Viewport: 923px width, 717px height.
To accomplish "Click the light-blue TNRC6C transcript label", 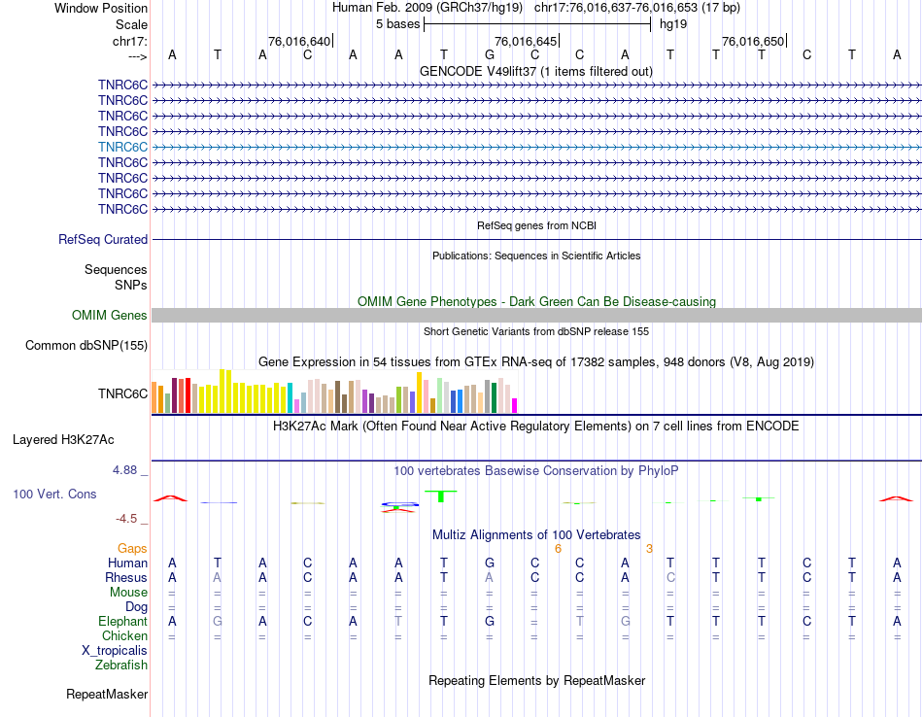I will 122,147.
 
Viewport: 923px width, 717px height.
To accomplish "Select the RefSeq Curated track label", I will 103,239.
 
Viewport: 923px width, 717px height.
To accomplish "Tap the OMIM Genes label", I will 110,315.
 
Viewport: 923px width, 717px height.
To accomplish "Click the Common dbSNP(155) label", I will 86,345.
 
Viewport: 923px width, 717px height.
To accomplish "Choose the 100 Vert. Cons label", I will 54,495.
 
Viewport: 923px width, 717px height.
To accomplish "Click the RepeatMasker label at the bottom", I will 107,695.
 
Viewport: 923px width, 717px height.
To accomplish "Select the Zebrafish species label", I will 121,666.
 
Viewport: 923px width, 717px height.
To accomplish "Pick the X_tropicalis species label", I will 115,651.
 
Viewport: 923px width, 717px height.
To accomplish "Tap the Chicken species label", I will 124,636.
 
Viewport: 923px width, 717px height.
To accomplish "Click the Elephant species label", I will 122,622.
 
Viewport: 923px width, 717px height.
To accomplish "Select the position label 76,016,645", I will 526,42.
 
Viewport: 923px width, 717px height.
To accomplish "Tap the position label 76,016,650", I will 752,42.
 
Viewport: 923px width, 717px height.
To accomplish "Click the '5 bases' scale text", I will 396,23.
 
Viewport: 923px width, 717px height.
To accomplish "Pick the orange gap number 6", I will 558,549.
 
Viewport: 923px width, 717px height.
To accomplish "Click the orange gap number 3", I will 649,549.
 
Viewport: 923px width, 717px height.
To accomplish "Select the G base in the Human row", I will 490,563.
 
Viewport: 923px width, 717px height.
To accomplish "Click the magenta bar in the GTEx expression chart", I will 515,405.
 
